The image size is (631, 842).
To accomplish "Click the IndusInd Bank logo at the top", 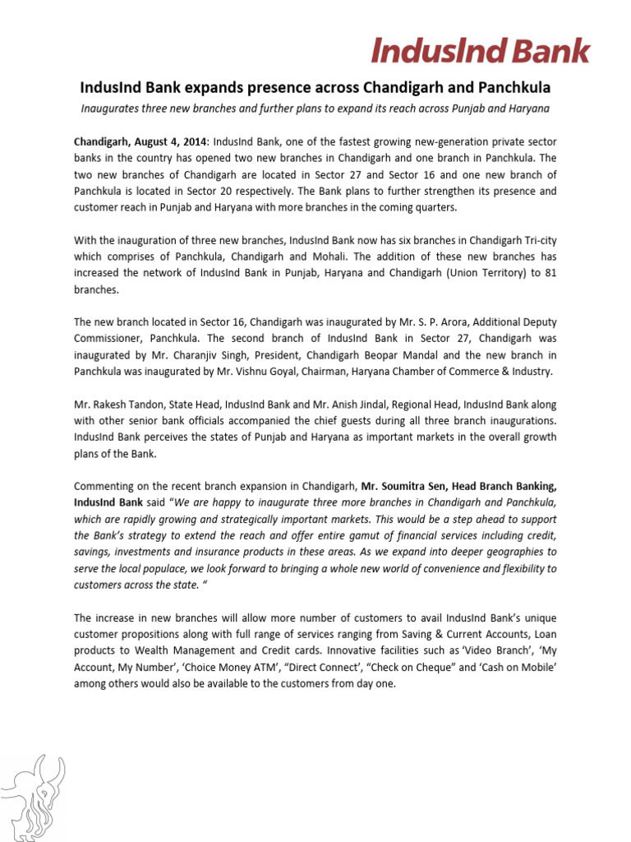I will [481, 51].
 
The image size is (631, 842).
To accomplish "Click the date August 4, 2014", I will [172, 141].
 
